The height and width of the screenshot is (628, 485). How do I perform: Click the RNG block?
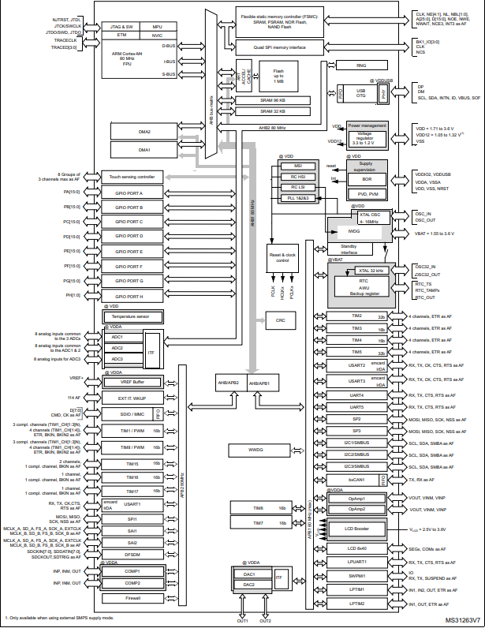tap(361, 66)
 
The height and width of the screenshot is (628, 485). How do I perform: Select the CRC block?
tap(280, 321)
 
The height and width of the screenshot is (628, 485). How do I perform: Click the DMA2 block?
tap(144, 132)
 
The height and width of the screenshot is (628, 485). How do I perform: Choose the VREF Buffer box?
tap(131, 381)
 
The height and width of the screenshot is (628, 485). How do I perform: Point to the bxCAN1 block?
tap(356, 479)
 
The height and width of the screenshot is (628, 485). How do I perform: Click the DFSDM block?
tap(132, 555)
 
